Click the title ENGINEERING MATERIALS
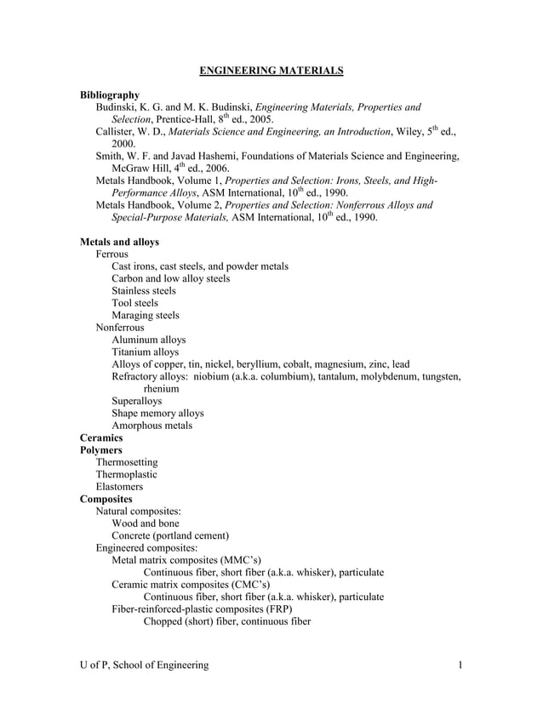(271, 71)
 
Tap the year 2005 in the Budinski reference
(258, 120)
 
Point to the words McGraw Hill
(129, 169)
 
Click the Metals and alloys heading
(119, 242)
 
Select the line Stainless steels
(144, 291)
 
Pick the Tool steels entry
(134, 303)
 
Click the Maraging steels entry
(146, 315)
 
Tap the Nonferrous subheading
(120, 327)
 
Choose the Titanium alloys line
(146, 351)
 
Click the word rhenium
(161, 388)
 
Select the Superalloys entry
(136, 401)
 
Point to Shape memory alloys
(157, 413)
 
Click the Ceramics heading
(101, 437)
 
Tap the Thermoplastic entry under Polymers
(126, 474)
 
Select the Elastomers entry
(119, 487)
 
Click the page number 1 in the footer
(460, 665)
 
